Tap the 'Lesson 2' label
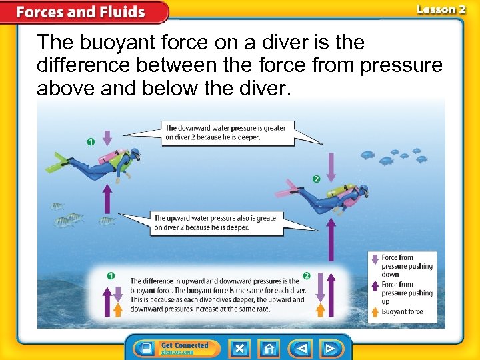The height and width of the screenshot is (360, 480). coord(440,9)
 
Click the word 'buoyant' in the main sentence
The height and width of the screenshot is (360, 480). coord(117,43)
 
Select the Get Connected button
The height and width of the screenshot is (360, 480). coord(177,348)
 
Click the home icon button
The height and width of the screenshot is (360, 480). coord(269,348)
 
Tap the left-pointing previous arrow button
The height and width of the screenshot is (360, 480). coord(301,348)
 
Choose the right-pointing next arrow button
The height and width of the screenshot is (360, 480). coord(329,348)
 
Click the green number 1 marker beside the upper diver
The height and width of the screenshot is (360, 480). coord(90,142)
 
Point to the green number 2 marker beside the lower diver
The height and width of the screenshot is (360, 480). coord(316,179)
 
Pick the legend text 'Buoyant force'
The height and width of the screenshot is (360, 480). coord(402,311)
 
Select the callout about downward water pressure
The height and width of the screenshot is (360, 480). coord(227,133)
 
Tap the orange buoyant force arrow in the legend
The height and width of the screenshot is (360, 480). coord(375,311)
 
